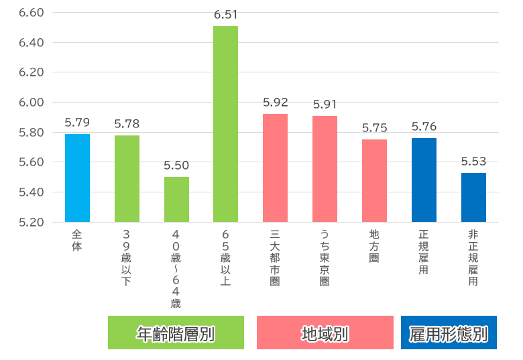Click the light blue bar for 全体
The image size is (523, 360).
pos(77,178)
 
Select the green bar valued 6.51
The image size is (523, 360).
pos(225,124)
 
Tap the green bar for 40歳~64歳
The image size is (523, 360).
pos(176,199)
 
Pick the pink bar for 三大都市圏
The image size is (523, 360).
pos(275,168)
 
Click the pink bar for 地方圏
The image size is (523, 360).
pos(374,180)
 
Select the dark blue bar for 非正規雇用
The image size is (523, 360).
pos(473,197)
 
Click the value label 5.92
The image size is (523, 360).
pos(275,103)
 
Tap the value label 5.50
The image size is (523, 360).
pos(176,166)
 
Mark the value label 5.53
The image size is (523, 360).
pos(473,162)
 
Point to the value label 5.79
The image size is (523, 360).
pos(77,123)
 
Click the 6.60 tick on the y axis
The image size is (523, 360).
pos(31,13)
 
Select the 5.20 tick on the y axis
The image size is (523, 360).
pos(31,222)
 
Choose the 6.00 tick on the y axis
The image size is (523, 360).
pos(31,103)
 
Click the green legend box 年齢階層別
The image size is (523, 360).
pos(176,333)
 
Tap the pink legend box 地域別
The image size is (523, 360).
pos(325,333)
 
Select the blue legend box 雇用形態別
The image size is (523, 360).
pos(449,333)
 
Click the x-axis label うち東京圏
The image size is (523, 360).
pos(325,257)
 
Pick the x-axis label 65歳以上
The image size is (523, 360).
pos(225,257)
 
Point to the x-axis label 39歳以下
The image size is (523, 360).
pos(127,257)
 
